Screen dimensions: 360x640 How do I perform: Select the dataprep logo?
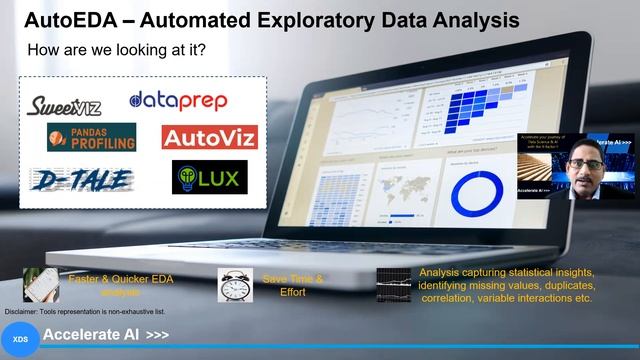click(x=179, y=100)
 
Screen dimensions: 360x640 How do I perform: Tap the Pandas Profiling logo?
click(x=91, y=137)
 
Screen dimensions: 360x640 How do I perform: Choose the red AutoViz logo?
click(x=209, y=137)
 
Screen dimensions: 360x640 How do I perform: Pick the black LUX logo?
click(x=210, y=177)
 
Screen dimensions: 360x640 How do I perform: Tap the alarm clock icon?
click(x=235, y=284)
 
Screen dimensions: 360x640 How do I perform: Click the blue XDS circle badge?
click(x=21, y=339)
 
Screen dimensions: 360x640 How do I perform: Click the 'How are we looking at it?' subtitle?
click(x=116, y=49)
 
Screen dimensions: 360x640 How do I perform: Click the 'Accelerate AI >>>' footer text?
click(x=106, y=334)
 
